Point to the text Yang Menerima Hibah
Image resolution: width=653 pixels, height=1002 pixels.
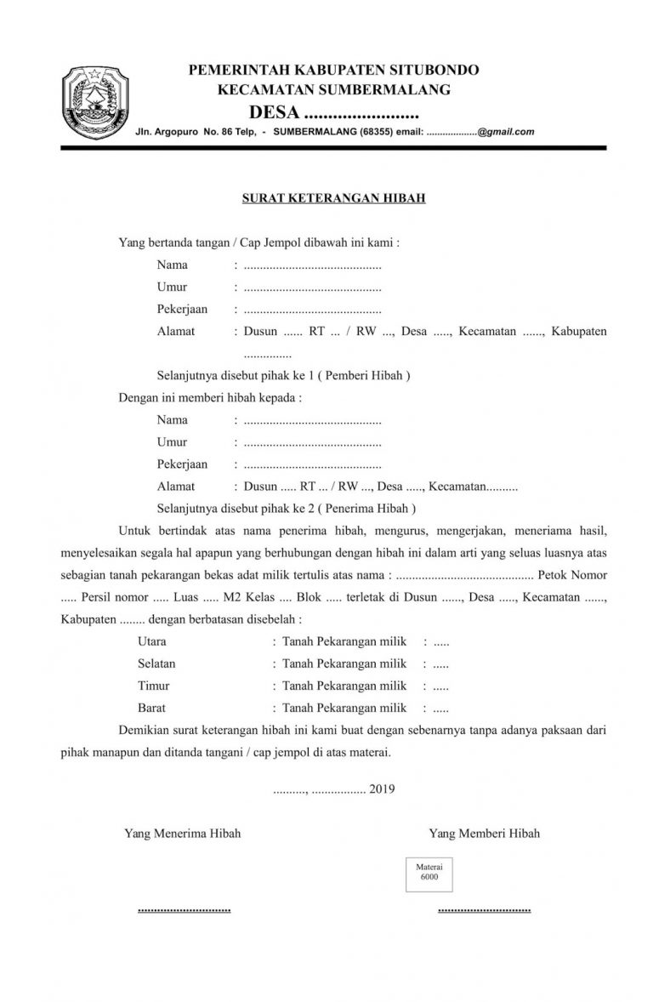click(x=182, y=834)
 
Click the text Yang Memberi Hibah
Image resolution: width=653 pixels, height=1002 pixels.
click(x=484, y=834)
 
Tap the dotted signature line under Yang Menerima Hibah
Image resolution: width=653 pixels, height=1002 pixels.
click(x=184, y=910)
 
